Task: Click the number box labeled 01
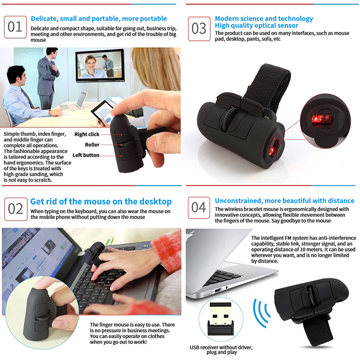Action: [x=15, y=27]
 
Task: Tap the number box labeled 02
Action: [x=16, y=209]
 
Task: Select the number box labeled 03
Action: [x=199, y=29]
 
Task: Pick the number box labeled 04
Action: [x=199, y=207]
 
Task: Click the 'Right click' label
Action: [x=87, y=134]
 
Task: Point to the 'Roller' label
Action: [x=92, y=144]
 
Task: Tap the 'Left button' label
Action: [x=86, y=155]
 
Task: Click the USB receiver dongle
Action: [x=220, y=319]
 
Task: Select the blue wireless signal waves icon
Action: [x=261, y=313]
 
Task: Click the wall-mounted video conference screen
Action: [x=100, y=65]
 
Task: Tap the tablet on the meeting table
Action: [x=103, y=113]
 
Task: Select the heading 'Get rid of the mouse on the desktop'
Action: [x=101, y=201]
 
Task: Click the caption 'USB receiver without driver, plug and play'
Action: [x=221, y=350]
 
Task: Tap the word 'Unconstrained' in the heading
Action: [x=238, y=201]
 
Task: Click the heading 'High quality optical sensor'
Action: [x=256, y=26]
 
